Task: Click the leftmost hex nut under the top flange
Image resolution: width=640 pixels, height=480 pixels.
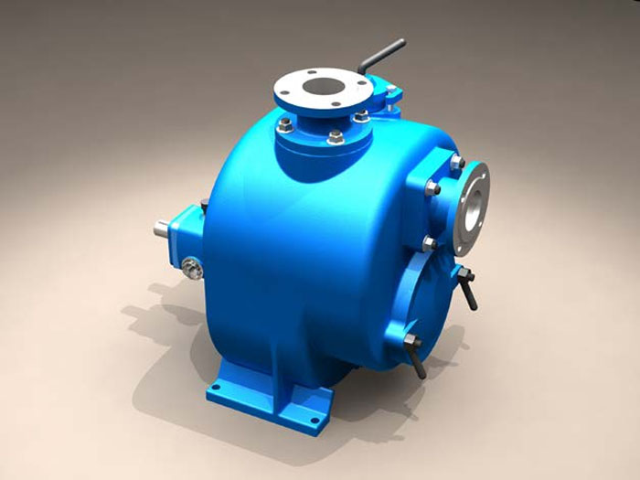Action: pyautogui.click(x=285, y=124)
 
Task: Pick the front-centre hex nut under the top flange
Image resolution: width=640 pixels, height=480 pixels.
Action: pyautogui.click(x=336, y=137)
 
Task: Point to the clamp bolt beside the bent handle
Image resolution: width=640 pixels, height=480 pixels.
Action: pyautogui.click(x=391, y=91)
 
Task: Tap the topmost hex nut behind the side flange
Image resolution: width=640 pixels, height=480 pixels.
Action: pyautogui.click(x=455, y=162)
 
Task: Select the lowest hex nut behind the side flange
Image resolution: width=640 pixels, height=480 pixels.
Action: pyautogui.click(x=427, y=243)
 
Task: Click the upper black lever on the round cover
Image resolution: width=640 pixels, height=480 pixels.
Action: pyautogui.click(x=468, y=291)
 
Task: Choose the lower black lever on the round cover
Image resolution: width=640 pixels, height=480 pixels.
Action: pyautogui.click(x=416, y=359)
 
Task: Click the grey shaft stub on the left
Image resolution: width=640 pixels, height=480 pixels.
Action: pyautogui.click(x=162, y=228)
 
